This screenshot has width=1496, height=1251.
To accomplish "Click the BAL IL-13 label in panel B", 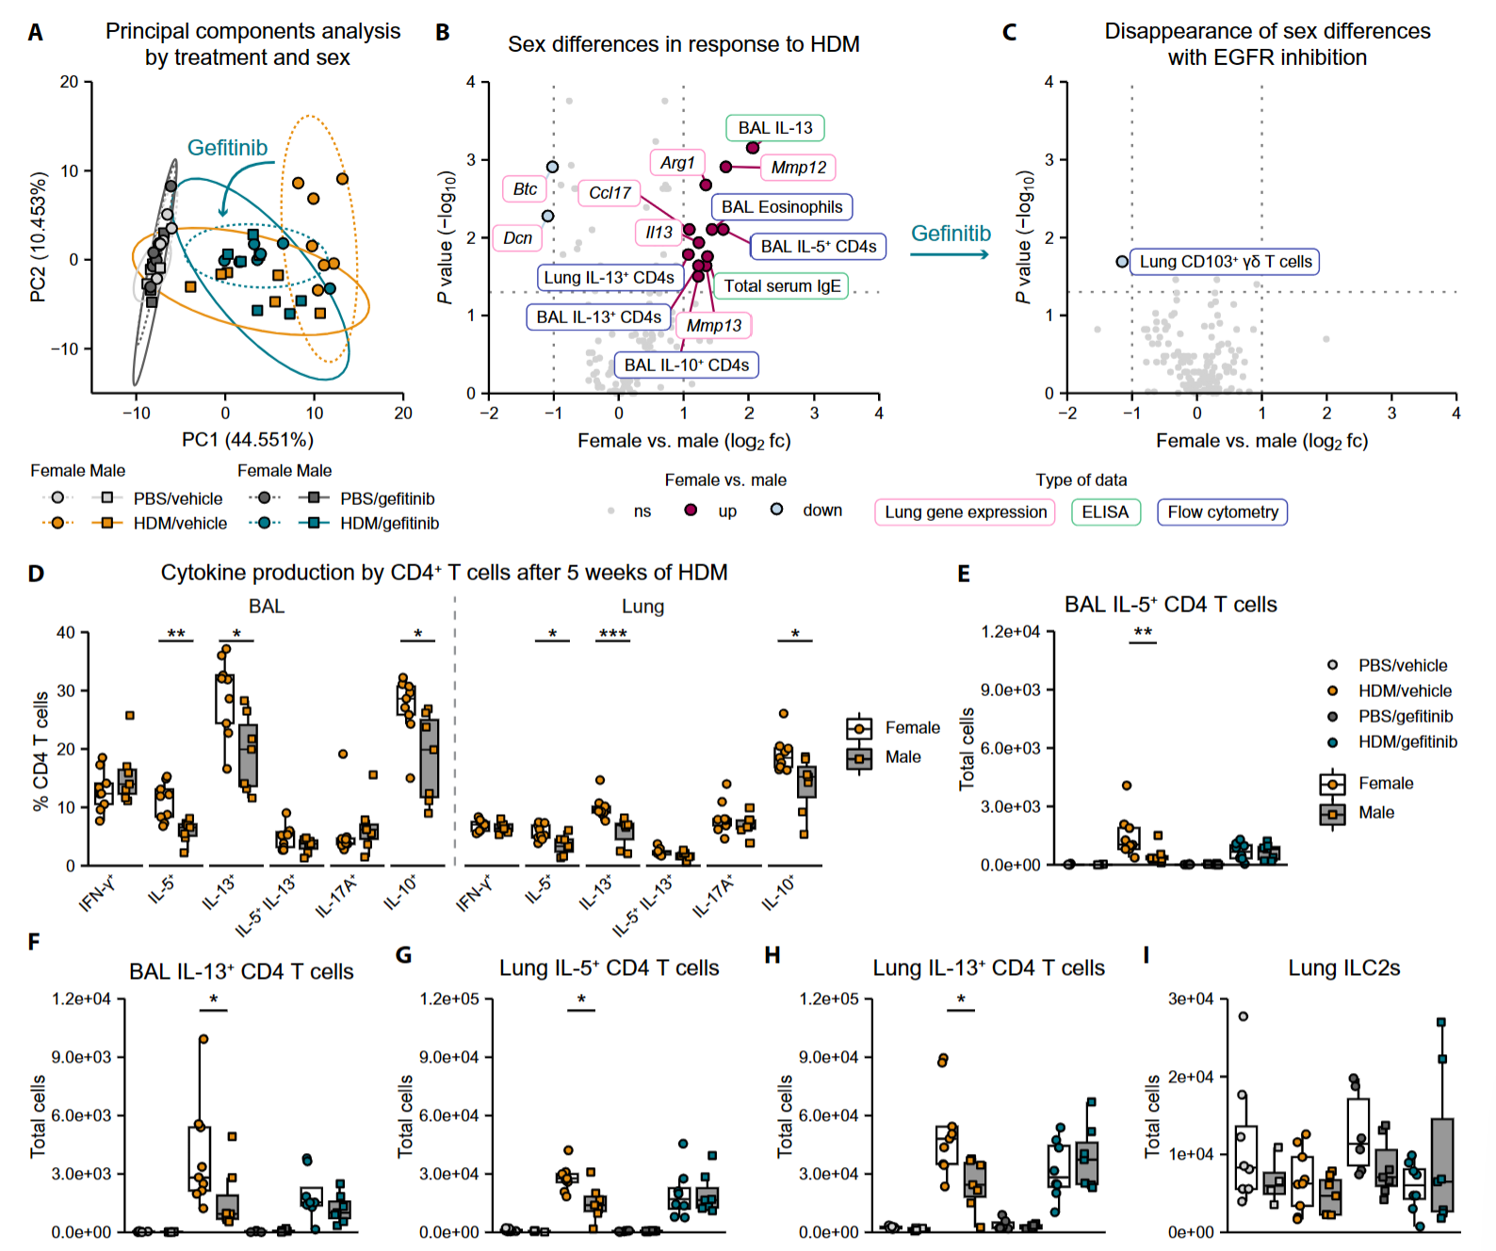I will tap(774, 128).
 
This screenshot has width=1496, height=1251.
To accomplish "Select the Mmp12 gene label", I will tap(798, 168).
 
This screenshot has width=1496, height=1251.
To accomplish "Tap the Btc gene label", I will tap(525, 189).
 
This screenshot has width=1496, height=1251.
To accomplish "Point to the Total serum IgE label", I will tap(781, 286).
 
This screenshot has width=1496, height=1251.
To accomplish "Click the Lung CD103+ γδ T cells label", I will tap(1225, 262).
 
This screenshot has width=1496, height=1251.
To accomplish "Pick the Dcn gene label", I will tap(517, 237).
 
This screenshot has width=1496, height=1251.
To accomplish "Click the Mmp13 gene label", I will tap(713, 326).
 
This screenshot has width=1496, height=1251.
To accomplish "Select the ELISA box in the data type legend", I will tap(1105, 512).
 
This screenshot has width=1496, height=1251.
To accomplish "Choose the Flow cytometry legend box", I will tap(1222, 512).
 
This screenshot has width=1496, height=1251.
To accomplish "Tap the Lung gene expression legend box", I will tap(965, 512).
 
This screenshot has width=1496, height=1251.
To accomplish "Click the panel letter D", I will tap(36, 574).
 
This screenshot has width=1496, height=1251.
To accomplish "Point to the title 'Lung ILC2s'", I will tap(1343, 968).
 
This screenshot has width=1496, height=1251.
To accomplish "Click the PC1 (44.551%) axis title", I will tap(248, 440).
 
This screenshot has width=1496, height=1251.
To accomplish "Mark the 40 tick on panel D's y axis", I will tap(66, 633).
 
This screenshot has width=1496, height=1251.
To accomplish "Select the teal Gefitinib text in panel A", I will tap(227, 148).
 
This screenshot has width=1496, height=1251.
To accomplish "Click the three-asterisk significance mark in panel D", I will tap(612, 634).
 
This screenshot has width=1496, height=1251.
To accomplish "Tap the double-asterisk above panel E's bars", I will tap(1142, 633).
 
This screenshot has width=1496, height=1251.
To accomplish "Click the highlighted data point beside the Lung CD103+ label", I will tap(1121, 262).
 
